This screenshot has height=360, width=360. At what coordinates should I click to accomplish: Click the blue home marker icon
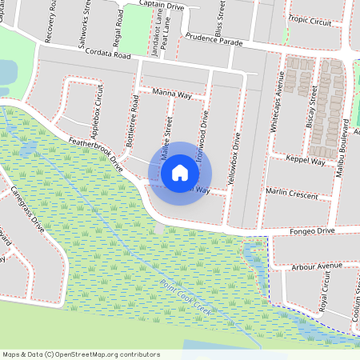180,172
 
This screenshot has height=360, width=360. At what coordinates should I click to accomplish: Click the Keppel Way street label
307,162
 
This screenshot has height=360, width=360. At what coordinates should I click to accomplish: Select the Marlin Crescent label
295,194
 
